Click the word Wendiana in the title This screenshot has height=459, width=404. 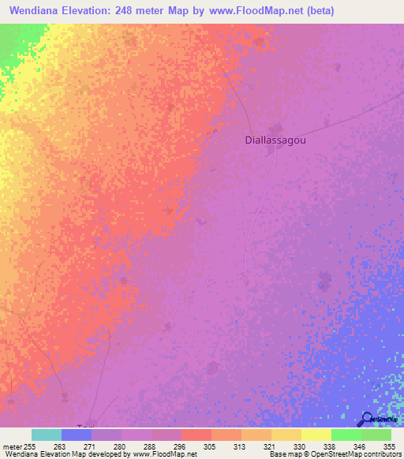click(37, 11)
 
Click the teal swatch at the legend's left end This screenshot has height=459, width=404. click(47, 435)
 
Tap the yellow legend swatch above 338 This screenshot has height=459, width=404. click(316, 435)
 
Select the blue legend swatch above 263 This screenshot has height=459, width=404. click(77, 435)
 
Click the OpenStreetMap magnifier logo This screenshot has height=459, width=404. click(367, 419)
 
